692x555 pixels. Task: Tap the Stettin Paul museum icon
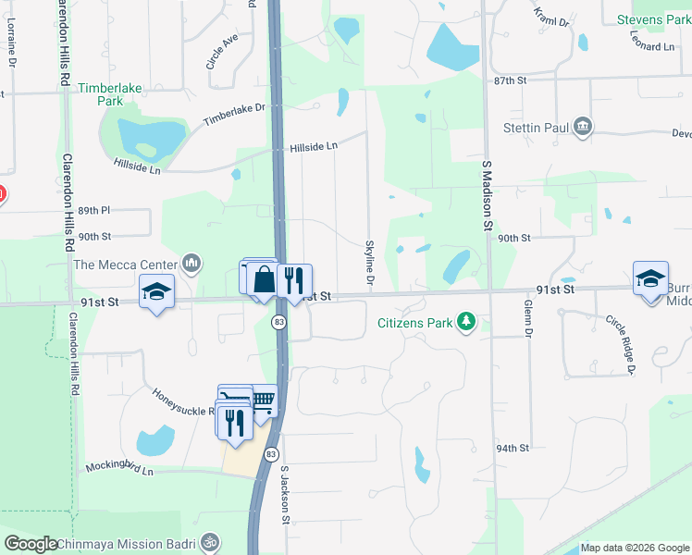[x=583, y=127]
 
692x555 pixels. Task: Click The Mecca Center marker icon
[x=192, y=265]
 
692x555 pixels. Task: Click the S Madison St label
[x=487, y=193]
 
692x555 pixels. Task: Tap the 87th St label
[x=510, y=81]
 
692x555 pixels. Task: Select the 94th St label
[x=511, y=448]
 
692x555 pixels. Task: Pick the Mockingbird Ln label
[x=119, y=468]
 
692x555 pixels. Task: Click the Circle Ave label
[x=222, y=52]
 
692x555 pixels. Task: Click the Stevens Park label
[x=653, y=19]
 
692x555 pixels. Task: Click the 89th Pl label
[x=94, y=211]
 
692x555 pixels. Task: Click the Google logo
[x=31, y=544]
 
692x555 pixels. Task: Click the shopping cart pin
[x=263, y=400]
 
